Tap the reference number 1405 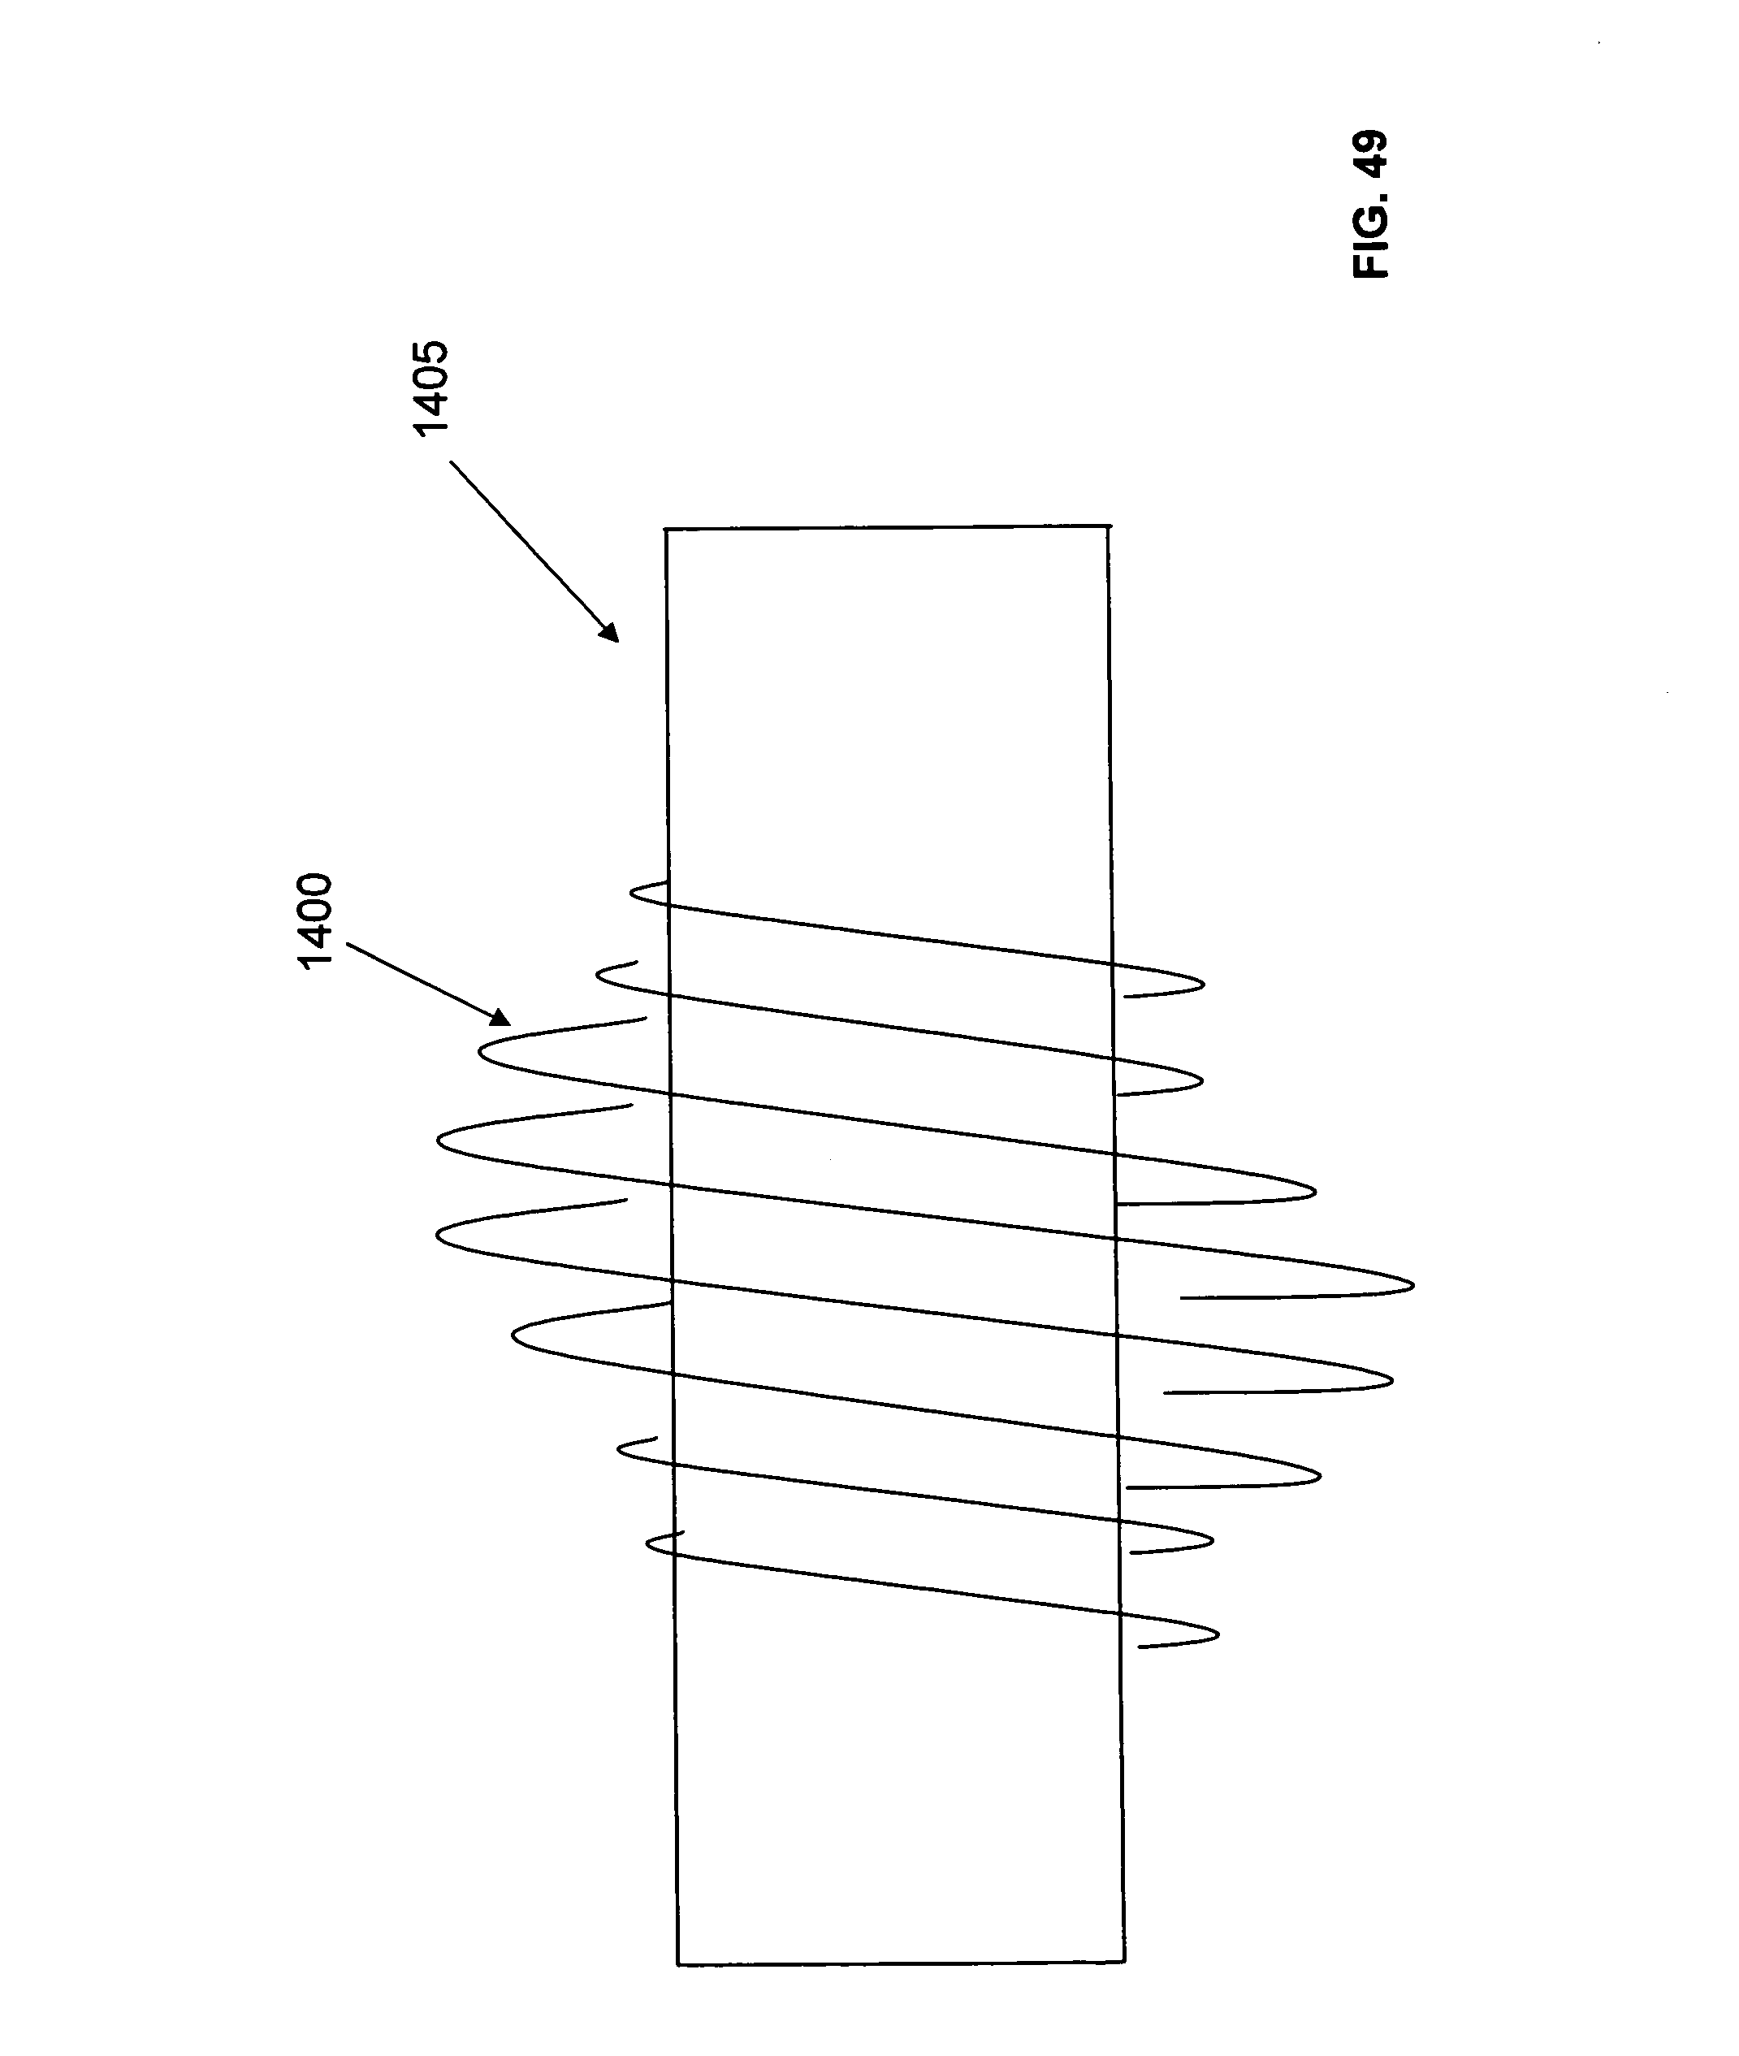point(430,387)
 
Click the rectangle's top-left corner point(666,530)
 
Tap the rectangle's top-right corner point(1110,526)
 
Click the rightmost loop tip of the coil point(1413,1285)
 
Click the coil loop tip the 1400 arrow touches point(479,1053)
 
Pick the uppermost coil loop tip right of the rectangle point(1203,983)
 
